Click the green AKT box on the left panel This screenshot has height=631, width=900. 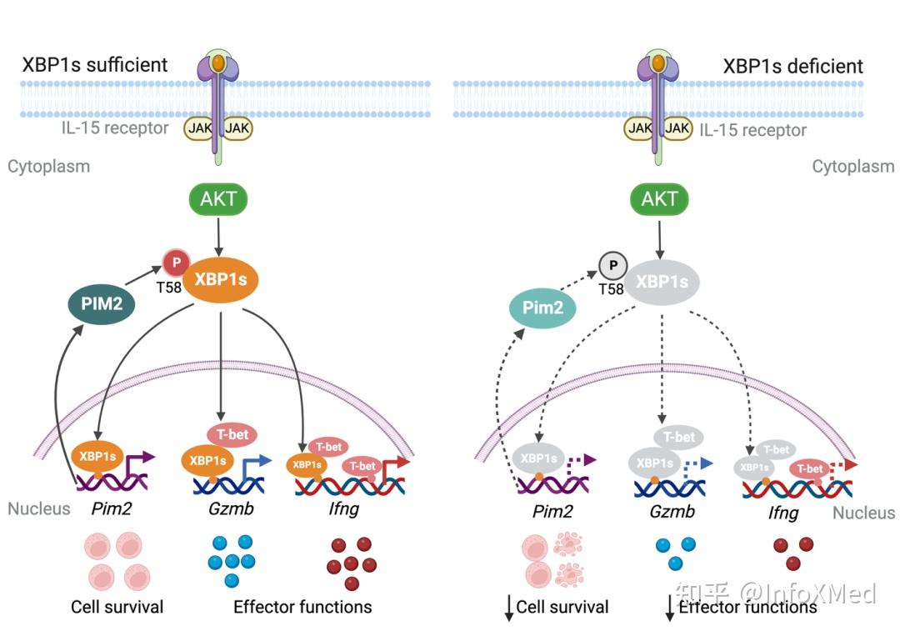(x=218, y=200)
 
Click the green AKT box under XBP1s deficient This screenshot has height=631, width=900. (x=659, y=200)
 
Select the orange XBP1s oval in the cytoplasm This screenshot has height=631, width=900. (x=221, y=279)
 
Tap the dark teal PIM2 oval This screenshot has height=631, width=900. (x=102, y=304)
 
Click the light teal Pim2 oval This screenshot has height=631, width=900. (x=543, y=308)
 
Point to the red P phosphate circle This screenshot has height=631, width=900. (x=176, y=263)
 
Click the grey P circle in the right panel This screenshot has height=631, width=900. (x=613, y=266)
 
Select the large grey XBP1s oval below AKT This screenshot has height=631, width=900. (x=662, y=282)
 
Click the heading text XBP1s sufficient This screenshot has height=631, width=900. (x=95, y=64)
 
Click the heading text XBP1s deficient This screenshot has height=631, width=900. (x=792, y=66)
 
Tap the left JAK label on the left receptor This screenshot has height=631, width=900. (x=198, y=128)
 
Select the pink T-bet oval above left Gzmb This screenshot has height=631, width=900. (x=232, y=434)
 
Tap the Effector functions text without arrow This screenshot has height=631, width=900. (x=302, y=606)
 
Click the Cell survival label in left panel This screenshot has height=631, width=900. (x=117, y=606)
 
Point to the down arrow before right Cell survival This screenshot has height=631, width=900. (x=507, y=608)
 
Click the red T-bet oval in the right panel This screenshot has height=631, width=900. (x=809, y=469)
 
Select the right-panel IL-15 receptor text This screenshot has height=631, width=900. (x=752, y=130)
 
